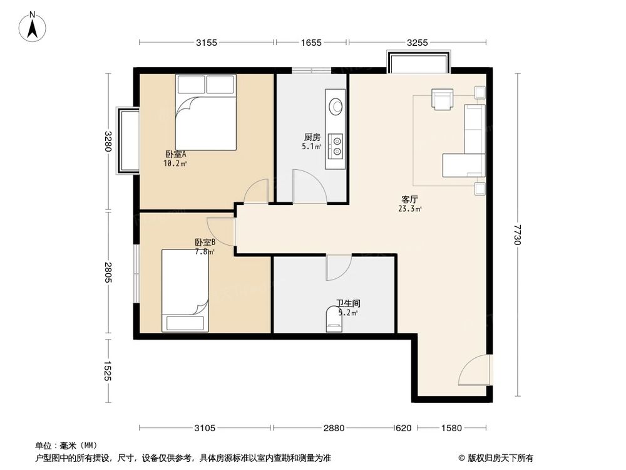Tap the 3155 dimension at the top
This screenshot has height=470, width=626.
pos(207,43)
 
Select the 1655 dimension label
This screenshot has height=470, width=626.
pos(311,43)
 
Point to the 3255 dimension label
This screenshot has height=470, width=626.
pos(417,43)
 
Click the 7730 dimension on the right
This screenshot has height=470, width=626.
pos(517,235)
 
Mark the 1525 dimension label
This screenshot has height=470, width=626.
pos(108,371)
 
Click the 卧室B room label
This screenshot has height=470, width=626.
pos(205,243)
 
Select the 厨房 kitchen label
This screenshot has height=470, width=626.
pos(312,138)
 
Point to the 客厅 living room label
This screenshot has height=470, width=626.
pos(410,201)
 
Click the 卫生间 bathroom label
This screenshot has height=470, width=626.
pos(347,303)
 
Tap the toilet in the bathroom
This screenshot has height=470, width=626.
pos(334,319)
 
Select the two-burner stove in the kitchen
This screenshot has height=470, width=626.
pos(337,145)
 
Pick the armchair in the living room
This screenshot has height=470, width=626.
pos(443,99)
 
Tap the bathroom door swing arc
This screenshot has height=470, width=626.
pos(338,268)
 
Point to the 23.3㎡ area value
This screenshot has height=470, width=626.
pos(410,210)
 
